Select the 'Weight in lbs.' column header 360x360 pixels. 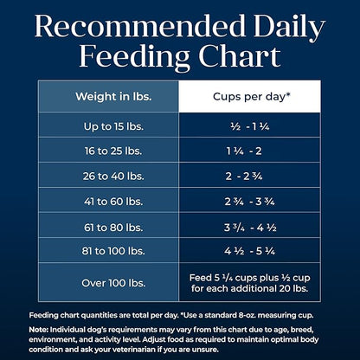(109, 96)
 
